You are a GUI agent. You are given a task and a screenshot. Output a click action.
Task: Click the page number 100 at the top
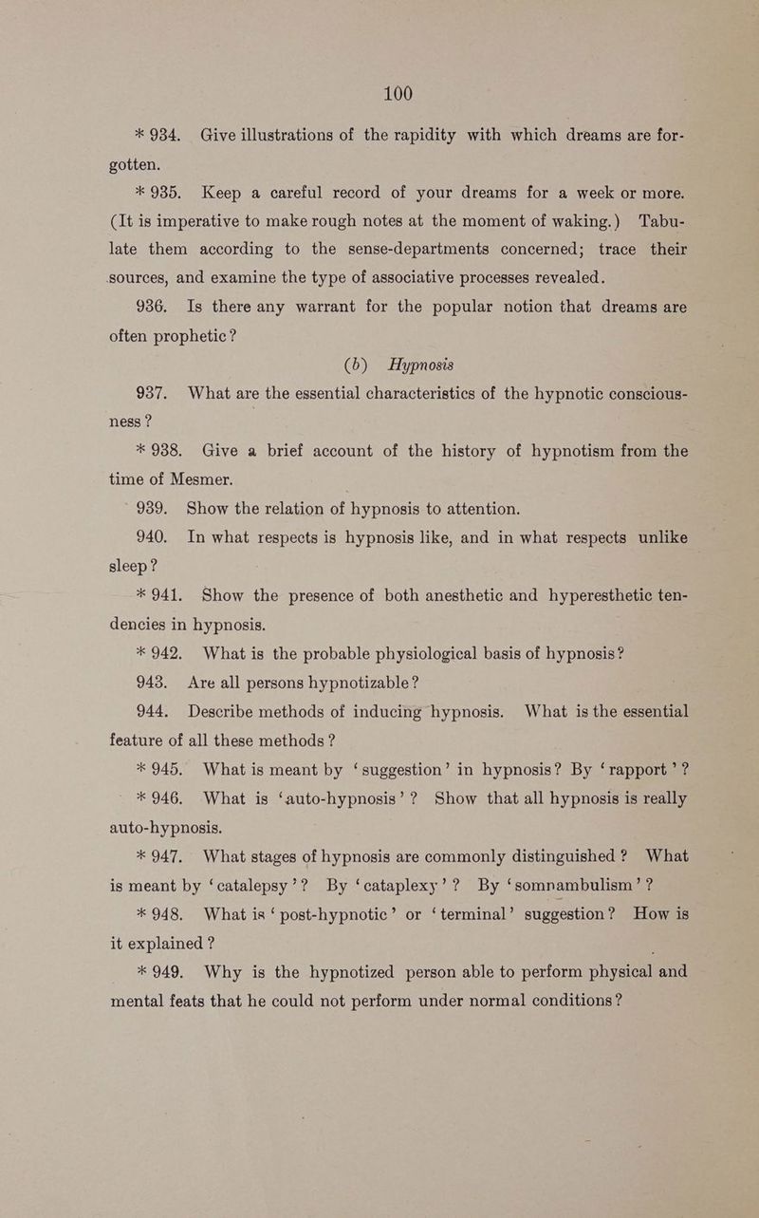pyautogui.click(x=398, y=93)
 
